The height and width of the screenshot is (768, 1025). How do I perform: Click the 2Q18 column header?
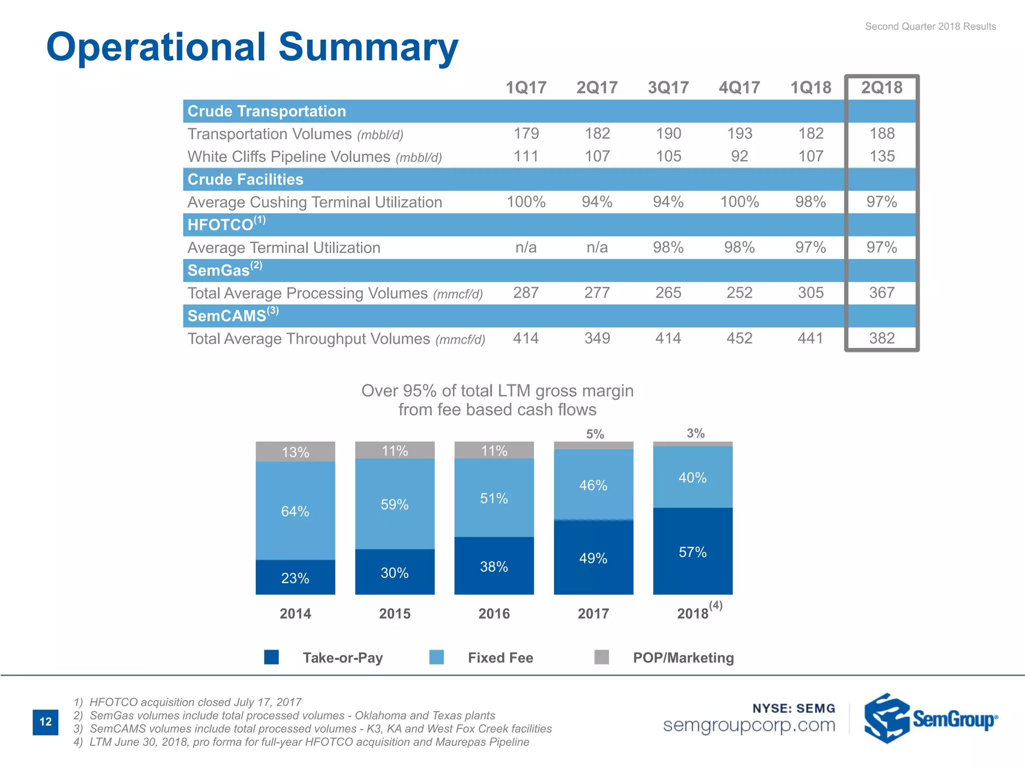click(x=881, y=87)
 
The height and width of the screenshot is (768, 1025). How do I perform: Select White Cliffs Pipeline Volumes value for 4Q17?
click(x=739, y=156)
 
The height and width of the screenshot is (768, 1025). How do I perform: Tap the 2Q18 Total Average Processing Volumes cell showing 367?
click(x=881, y=292)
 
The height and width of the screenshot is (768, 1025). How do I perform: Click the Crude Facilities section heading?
click(x=245, y=179)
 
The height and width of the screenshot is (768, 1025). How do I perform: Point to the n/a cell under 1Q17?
click(x=526, y=247)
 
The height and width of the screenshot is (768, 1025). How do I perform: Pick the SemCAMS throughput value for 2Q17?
click(x=597, y=338)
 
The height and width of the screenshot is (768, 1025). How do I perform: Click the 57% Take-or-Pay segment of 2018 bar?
click(x=693, y=551)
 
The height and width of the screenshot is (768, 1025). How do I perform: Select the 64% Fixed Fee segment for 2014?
click(x=295, y=511)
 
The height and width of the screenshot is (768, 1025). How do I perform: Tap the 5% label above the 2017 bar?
click(x=595, y=434)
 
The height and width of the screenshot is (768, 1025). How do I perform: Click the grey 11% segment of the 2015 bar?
click(x=394, y=450)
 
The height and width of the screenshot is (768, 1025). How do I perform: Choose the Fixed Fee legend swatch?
click(x=436, y=657)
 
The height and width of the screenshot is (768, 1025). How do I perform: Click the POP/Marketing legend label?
click(x=683, y=657)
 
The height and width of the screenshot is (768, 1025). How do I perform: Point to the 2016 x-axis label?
click(x=494, y=613)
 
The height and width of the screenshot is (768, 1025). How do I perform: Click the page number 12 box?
click(x=46, y=721)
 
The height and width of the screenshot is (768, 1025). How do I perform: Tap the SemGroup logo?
click(x=930, y=718)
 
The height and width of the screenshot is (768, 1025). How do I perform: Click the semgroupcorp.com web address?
click(x=749, y=725)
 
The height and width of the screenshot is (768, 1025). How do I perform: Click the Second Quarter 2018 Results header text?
click(x=930, y=26)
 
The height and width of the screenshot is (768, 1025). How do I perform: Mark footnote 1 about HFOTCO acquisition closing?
click(x=188, y=702)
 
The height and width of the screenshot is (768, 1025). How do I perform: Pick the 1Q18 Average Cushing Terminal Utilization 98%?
click(x=810, y=202)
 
